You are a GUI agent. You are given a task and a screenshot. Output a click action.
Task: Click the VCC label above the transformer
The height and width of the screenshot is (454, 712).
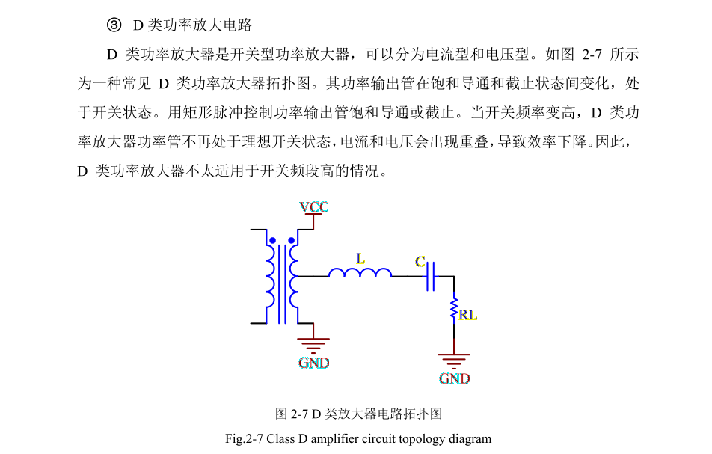[314, 207]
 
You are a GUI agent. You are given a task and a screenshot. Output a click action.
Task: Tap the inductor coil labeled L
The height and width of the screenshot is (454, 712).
[360, 272]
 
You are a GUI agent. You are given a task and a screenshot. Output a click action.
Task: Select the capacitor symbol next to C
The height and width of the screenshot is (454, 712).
[431, 276]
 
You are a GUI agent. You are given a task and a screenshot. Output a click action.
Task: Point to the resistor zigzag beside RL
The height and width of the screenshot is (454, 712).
[454, 308]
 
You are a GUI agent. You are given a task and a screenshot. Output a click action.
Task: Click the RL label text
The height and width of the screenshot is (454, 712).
[467, 315]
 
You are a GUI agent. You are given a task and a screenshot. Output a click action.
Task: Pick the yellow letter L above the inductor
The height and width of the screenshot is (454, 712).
[360, 259]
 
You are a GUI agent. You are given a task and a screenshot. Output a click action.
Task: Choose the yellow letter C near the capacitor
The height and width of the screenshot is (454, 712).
[420, 262]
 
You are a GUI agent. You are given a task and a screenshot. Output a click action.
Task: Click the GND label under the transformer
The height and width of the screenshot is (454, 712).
[314, 363]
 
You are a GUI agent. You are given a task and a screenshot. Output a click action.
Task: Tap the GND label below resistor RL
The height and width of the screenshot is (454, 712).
[454, 378]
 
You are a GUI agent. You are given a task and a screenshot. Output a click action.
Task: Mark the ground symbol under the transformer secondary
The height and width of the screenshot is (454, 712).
[313, 346]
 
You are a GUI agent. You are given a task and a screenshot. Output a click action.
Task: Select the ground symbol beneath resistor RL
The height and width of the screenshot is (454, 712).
[454, 361]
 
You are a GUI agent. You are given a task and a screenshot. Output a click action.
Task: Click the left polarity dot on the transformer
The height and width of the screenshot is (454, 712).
[272, 240]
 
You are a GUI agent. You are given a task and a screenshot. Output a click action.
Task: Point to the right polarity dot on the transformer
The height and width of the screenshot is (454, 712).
[292, 240]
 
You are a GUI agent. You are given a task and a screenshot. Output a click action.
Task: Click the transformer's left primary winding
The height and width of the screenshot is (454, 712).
[270, 277]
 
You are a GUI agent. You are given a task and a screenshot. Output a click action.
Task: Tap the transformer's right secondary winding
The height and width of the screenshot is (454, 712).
[294, 277]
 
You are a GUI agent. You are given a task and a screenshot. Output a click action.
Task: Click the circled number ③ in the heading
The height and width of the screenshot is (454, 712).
[114, 25]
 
